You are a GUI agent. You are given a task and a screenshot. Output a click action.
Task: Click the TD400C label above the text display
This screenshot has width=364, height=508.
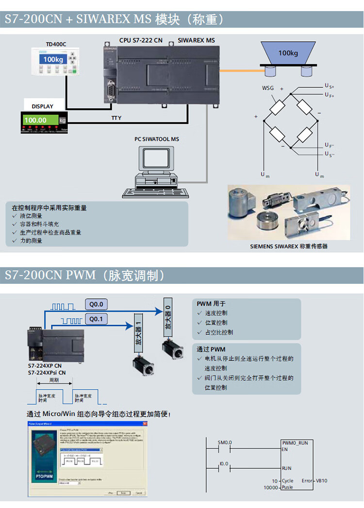coord(56,45)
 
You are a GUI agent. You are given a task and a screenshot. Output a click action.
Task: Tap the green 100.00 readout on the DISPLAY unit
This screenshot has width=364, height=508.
coord(35,120)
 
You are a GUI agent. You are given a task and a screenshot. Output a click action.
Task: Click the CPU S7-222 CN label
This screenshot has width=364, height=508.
coord(141,40)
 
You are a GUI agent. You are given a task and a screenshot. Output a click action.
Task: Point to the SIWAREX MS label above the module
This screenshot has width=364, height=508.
coord(196,40)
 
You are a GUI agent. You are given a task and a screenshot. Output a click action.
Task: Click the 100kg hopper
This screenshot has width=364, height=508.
coord(288,53)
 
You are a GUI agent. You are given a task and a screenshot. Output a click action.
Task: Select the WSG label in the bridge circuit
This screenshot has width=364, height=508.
coord(267,88)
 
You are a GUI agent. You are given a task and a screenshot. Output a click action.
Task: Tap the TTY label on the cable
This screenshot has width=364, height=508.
coord(116,118)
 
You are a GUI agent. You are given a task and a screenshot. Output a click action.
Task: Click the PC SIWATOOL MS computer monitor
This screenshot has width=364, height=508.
coord(154,160)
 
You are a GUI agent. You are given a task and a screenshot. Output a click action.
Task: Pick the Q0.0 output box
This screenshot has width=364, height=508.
coord(97,304)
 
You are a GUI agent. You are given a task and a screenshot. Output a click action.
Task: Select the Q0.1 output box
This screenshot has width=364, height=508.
coord(97,319)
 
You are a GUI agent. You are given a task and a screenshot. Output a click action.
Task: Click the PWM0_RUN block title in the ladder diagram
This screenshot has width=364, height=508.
coord(295,443)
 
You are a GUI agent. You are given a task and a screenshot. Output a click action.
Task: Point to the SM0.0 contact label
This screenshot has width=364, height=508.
coord(225,442)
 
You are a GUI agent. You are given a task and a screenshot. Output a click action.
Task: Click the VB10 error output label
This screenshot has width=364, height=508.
coord(322,480)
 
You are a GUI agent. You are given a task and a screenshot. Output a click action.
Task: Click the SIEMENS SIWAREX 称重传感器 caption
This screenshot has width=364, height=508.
coord(289,246)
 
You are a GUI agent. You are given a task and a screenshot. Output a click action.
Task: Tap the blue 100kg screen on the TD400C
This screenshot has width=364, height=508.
coord(53,59)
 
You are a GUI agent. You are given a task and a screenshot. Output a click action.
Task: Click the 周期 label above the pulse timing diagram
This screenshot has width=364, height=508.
coord(54,380)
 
